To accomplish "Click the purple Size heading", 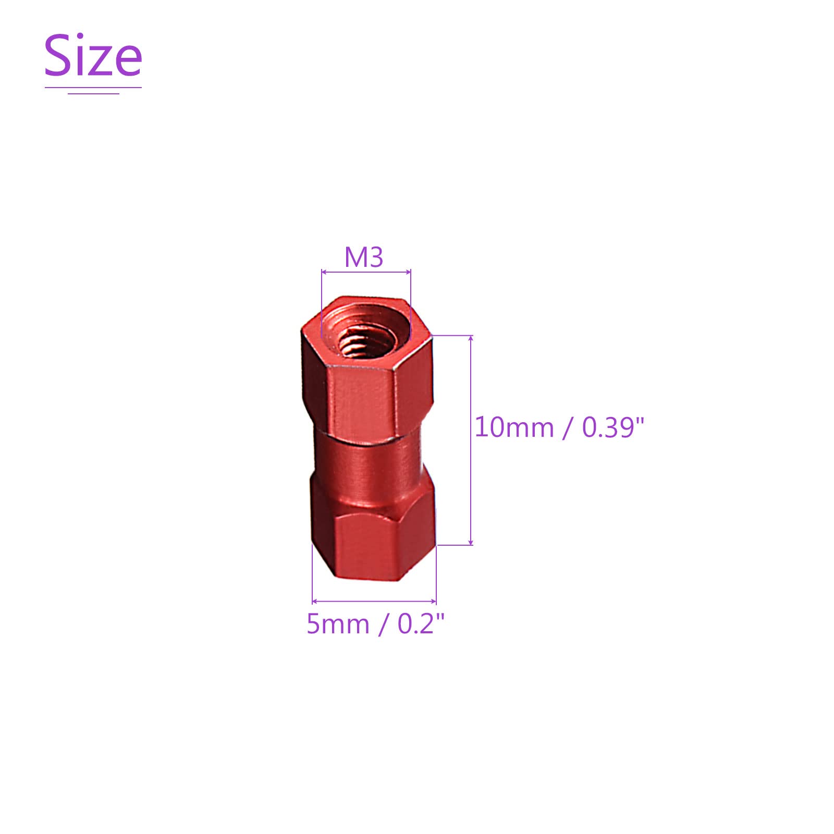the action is point(93,55).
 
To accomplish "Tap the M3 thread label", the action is point(364,257).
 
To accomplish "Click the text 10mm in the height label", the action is point(514,427).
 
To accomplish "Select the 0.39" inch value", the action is point(613,427).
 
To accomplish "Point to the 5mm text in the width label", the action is point(338,623).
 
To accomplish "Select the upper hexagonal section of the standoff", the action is point(367,370).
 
